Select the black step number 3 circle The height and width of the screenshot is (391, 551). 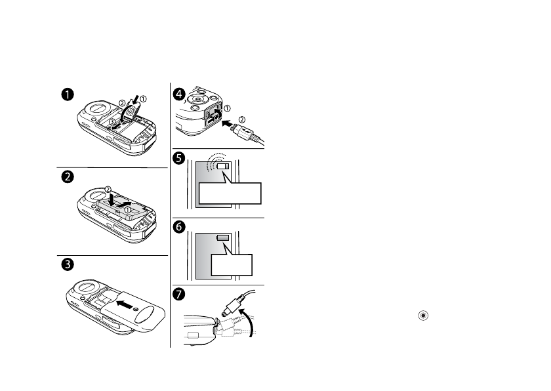67,266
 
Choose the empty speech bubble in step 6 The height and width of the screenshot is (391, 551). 232,264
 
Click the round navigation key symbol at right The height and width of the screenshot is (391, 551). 424,316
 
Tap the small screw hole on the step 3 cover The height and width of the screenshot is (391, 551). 135,308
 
